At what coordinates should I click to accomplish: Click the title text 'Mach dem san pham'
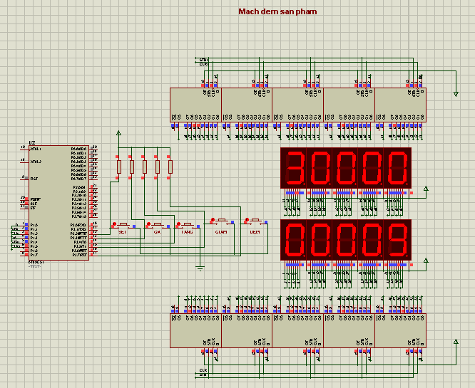click(277, 11)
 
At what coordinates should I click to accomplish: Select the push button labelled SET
click(122, 226)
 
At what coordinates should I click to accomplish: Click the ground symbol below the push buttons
click(200, 267)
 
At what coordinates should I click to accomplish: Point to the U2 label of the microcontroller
click(31, 142)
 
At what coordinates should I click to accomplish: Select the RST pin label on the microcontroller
click(33, 179)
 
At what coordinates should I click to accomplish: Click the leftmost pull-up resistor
click(119, 167)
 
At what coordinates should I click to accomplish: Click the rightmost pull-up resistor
click(170, 167)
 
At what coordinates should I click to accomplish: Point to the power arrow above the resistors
click(118, 132)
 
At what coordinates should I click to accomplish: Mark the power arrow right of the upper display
click(426, 188)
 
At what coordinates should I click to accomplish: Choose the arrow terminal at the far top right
click(456, 93)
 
